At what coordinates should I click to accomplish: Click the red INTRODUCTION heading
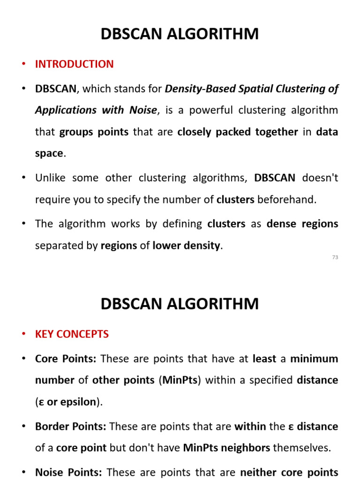click(74, 64)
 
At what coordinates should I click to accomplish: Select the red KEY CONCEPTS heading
click(72, 334)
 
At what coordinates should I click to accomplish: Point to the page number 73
click(335, 257)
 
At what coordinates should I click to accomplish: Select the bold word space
click(49, 153)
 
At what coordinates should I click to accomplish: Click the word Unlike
click(51, 178)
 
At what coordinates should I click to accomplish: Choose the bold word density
click(202, 246)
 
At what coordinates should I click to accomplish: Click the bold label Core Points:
click(66, 359)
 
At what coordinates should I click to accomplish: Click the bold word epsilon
click(80, 402)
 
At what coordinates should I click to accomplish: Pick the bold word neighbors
click(249, 448)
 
